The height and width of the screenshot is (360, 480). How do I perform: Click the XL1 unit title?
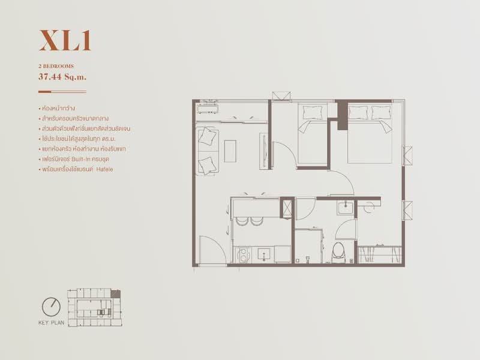coord(65,40)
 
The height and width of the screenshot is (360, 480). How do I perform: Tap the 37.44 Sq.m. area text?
coord(62,77)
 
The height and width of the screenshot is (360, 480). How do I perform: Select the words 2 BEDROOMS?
coord(56,66)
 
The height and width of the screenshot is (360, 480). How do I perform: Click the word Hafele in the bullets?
coord(104,169)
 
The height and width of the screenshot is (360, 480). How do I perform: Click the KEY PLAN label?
coord(52,323)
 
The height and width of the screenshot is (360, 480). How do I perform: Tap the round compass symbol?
coord(51,307)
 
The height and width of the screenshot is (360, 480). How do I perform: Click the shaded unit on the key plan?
coord(115,294)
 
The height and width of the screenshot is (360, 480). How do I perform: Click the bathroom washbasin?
coord(346,208)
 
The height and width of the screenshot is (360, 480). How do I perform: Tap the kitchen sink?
coord(263,254)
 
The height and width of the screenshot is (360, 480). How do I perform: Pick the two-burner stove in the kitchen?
coord(244,255)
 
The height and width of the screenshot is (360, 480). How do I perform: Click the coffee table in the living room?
coord(230,151)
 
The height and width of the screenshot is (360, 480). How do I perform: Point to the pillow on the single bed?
coord(313,112)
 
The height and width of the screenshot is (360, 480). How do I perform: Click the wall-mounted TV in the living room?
coord(263,151)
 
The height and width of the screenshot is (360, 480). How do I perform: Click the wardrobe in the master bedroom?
coord(380,254)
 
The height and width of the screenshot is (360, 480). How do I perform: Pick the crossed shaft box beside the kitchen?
coord(287,208)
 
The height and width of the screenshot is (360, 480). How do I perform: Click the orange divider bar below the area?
coord(44,92)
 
